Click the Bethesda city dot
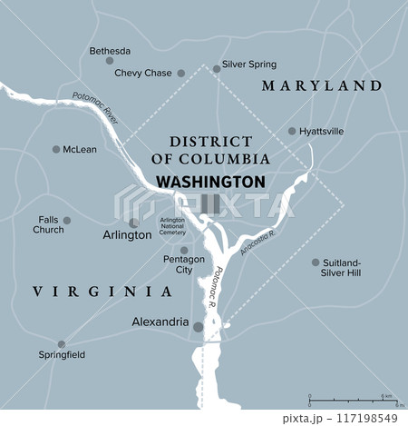(110, 61)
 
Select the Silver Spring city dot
(216, 67)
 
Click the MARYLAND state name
(321, 85)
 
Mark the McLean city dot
(56, 149)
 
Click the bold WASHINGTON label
(211, 181)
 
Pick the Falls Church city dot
(66, 220)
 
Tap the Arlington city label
(129, 234)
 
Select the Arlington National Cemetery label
(172, 226)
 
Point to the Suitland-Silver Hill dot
(316, 263)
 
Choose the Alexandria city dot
(198, 326)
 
